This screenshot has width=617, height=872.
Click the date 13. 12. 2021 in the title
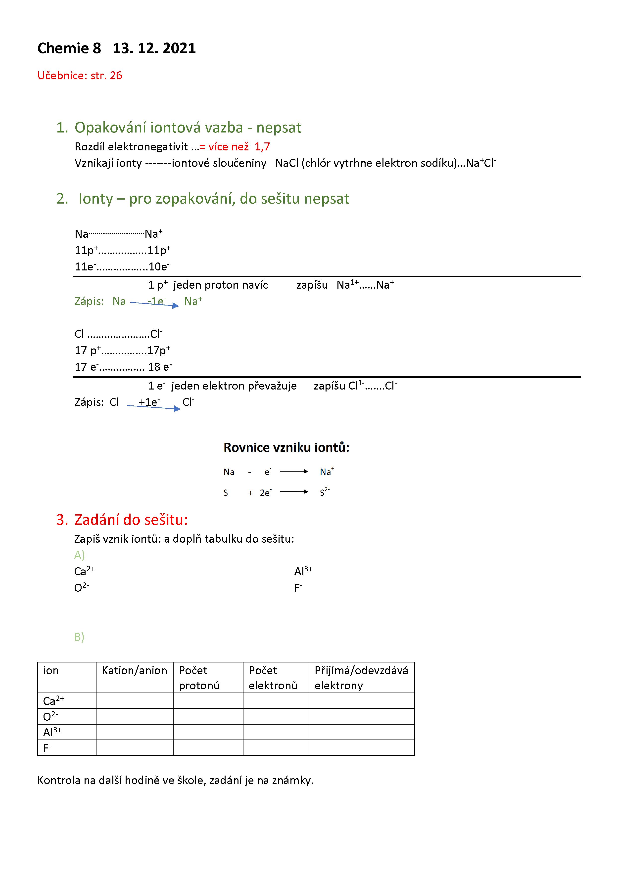pos(154,48)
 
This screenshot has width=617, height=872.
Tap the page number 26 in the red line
pos(116,76)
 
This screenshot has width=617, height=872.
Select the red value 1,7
pos(262,147)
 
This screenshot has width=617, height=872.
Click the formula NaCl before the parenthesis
pos(286,163)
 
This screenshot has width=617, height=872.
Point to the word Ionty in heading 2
pos(96,199)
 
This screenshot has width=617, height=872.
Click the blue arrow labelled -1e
pos(154,304)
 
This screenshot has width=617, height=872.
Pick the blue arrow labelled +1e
pos(153,407)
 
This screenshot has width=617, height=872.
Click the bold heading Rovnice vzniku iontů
pos(286,447)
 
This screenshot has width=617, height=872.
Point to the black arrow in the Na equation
pos(294,471)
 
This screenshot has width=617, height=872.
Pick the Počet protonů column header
pos(199,678)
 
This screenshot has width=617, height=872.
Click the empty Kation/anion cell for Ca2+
pos(135,701)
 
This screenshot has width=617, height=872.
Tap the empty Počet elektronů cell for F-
pos(276,747)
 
